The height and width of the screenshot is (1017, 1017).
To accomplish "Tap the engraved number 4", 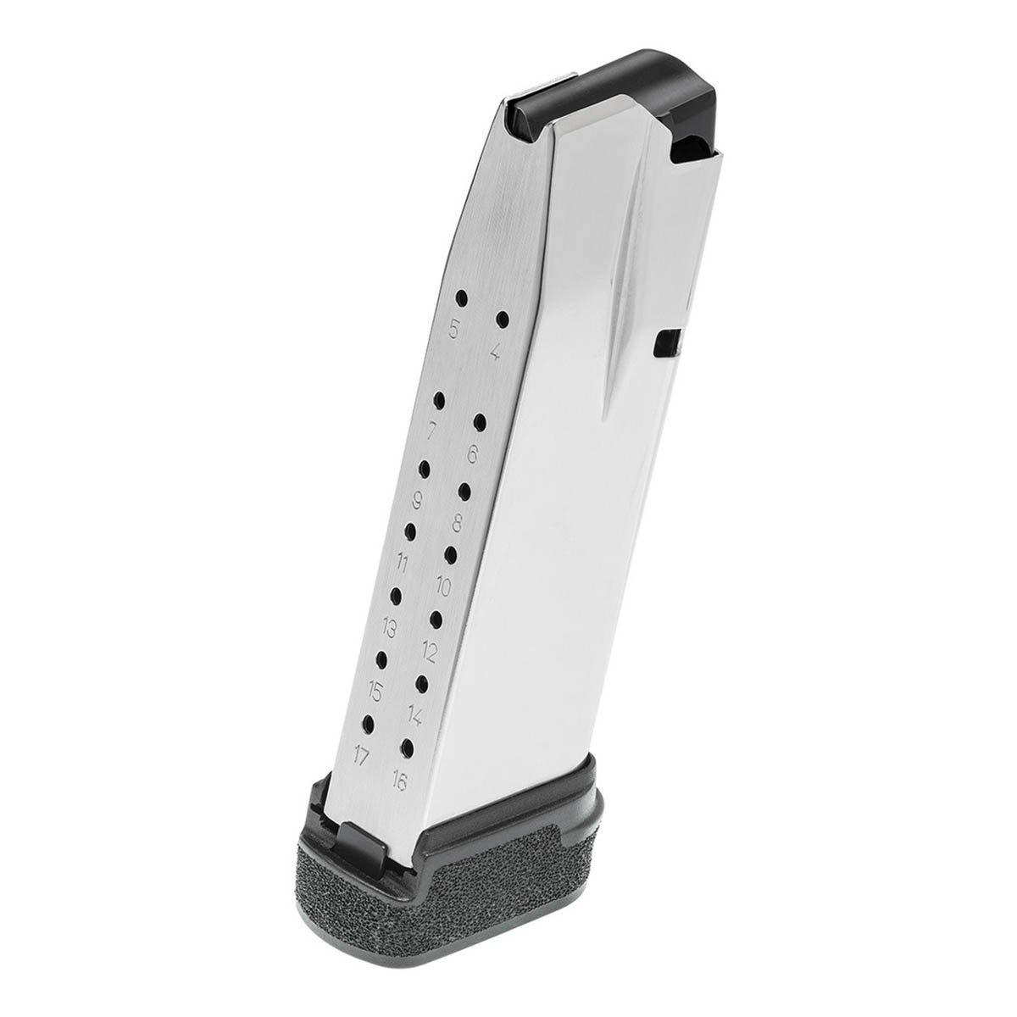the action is pyautogui.click(x=494, y=350).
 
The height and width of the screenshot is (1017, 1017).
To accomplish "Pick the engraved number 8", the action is pyautogui.click(x=457, y=524).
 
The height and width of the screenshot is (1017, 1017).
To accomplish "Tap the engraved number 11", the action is pyautogui.click(x=402, y=565).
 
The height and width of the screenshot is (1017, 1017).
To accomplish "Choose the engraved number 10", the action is pyautogui.click(x=443, y=586).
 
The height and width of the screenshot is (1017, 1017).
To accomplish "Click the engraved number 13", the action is pyautogui.click(x=389, y=629).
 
